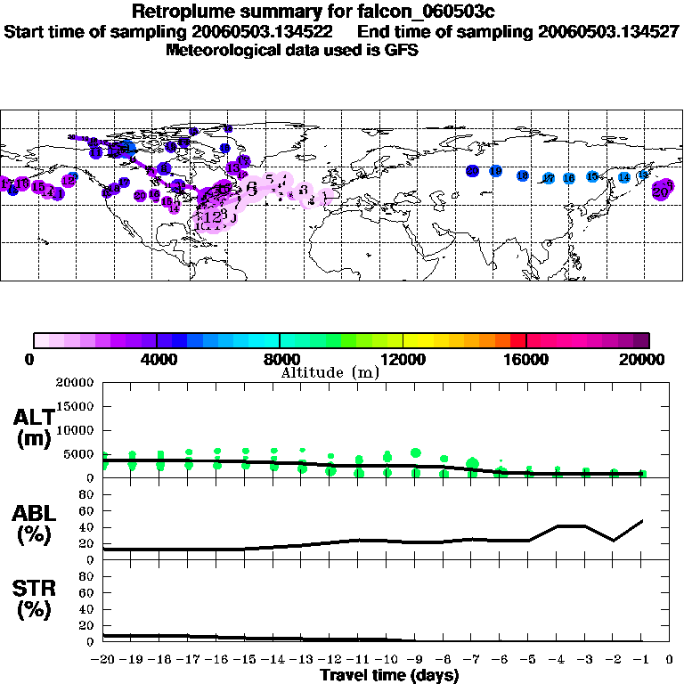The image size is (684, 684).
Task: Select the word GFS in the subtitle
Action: click(x=401, y=50)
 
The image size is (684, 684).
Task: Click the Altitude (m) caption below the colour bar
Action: click(x=330, y=371)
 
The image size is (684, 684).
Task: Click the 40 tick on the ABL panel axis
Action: click(x=88, y=527)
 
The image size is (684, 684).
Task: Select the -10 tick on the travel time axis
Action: click(x=386, y=661)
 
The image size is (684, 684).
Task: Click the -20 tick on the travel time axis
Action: click(x=103, y=661)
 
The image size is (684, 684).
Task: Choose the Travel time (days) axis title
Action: click(x=389, y=676)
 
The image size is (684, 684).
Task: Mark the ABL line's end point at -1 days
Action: click(x=642, y=520)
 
